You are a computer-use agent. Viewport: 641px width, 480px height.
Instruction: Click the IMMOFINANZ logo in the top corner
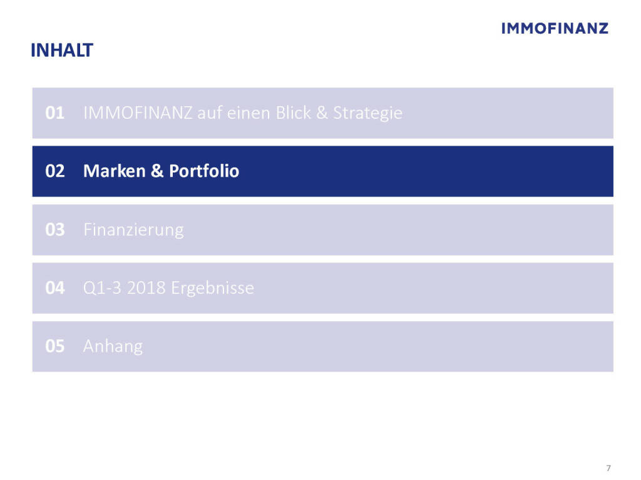[x=555, y=28]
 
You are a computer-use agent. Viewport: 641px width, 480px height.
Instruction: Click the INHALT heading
[x=62, y=50]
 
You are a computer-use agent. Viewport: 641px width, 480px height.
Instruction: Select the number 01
[x=55, y=113]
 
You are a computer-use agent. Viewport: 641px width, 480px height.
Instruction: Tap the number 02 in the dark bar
[x=55, y=171]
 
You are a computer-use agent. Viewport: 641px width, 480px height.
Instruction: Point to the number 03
[x=55, y=230]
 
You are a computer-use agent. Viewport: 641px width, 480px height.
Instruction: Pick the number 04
[x=55, y=287]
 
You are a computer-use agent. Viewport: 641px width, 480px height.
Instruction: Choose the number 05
[x=55, y=346]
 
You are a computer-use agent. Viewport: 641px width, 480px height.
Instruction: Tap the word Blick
[x=293, y=113]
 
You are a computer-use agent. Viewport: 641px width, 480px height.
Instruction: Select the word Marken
[x=115, y=171]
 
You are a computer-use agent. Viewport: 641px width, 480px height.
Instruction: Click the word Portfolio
[x=204, y=171]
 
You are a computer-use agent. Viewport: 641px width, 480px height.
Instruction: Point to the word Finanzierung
[x=134, y=231]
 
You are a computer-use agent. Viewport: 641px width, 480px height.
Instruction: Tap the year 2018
[x=146, y=287]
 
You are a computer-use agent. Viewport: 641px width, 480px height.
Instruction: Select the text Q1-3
[x=102, y=288]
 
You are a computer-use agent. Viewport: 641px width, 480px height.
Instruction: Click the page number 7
[x=608, y=467]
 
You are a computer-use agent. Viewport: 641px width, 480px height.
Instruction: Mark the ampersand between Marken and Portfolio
[x=157, y=171]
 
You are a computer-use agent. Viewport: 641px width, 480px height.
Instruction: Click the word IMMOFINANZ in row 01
[x=138, y=113]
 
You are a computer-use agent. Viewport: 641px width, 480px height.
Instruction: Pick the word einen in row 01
[x=249, y=113]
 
